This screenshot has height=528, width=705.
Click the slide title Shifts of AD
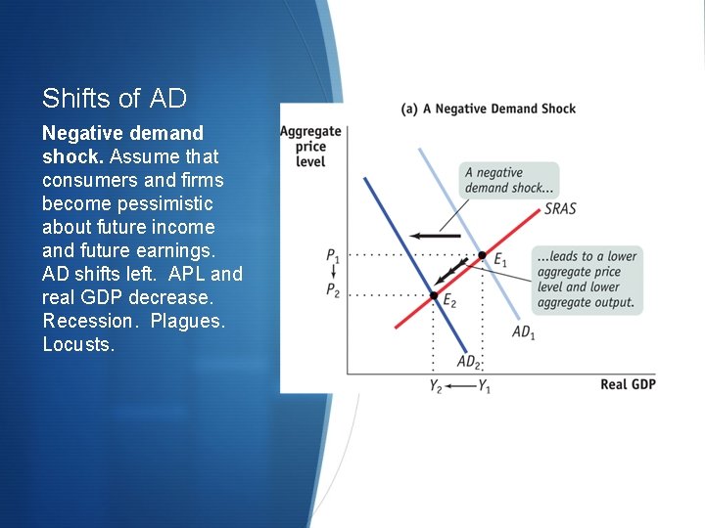(x=115, y=98)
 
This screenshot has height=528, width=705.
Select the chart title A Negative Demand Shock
(x=489, y=109)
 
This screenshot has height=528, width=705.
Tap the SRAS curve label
(x=560, y=209)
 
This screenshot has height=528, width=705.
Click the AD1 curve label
(x=524, y=332)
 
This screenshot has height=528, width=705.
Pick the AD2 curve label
(x=469, y=362)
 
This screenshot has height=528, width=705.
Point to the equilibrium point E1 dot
(x=481, y=255)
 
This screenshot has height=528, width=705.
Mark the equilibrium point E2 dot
(x=434, y=294)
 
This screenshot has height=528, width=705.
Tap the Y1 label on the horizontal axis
(x=484, y=386)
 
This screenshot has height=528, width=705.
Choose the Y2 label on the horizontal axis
(x=436, y=386)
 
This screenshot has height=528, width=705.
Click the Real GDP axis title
(x=628, y=384)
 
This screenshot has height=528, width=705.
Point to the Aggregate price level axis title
(x=310, y=146)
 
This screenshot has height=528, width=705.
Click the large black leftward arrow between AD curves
(x=435, y=236)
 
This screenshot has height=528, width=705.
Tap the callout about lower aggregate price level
(x=586, y=280)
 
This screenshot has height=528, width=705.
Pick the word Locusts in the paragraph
(x=78, y=344)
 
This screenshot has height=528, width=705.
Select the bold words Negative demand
(x=122, y=133)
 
